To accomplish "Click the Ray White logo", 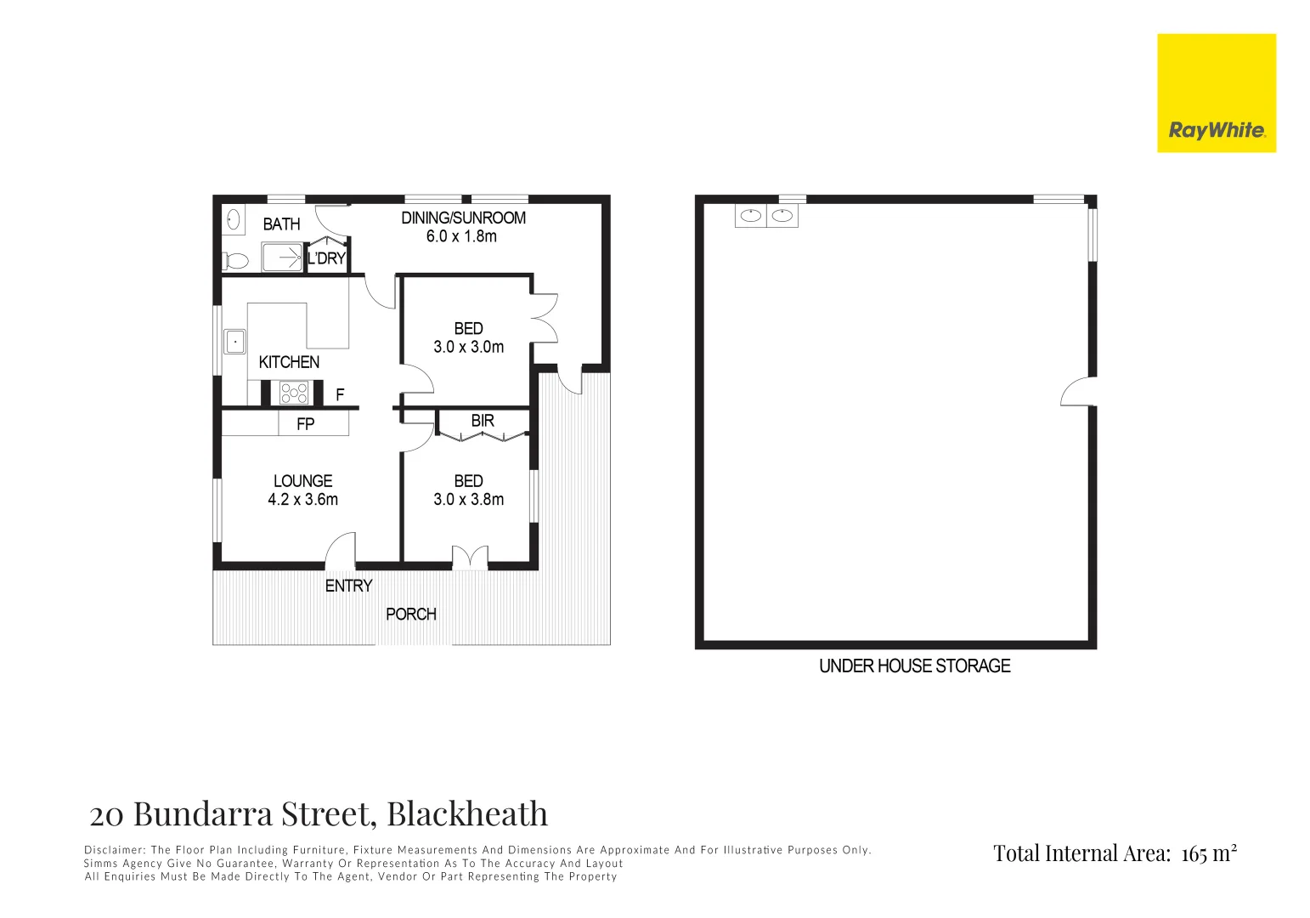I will (1216, 93).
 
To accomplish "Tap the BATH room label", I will (281, 224).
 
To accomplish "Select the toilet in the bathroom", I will (234, 260).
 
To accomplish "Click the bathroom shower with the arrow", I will (282, 257).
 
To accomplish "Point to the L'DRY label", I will (326, 258).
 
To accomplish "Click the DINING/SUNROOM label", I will (463, 218).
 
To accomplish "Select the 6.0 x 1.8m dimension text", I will (461, 236).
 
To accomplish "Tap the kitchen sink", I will (234, 342).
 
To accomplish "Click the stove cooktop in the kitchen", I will (295, 393).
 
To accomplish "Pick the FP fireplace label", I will (305, 423).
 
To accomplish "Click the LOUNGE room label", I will (302, 481).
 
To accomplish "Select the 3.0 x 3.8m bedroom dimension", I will (468, 500).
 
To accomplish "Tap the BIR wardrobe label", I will (483, 421).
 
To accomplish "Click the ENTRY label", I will (348, 586).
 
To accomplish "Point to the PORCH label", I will (410, 614).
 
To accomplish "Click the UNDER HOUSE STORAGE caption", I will (914, 666).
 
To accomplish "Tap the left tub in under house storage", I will (750, 216).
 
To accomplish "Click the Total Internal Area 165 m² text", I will (1115, 853).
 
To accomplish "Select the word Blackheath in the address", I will (467, 814).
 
